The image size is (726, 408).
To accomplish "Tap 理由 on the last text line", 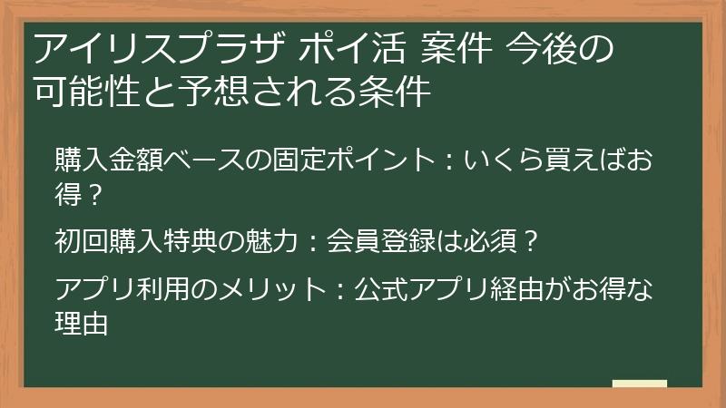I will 82,322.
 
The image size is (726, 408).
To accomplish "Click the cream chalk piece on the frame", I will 640,385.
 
